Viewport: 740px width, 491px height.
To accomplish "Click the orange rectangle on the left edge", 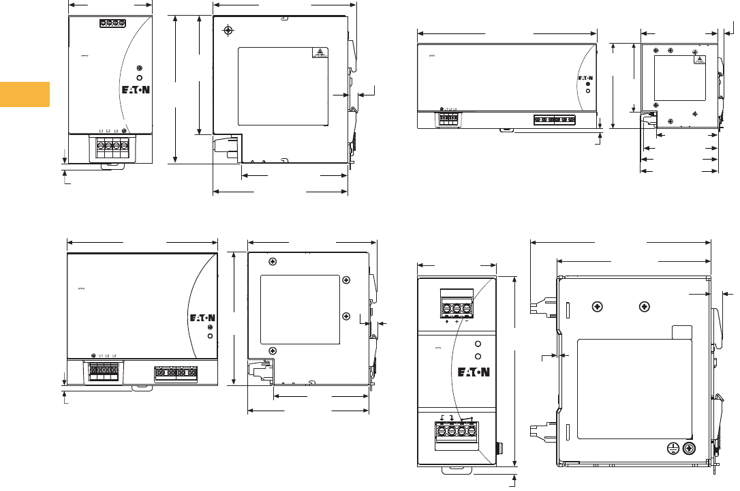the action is (25, 94).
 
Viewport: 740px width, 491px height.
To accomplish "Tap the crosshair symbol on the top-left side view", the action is (228, 31).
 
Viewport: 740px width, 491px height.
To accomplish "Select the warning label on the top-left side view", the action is (320, 53).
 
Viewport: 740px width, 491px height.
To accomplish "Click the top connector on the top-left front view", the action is (112, 23).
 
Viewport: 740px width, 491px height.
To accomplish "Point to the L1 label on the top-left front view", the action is (101, 130).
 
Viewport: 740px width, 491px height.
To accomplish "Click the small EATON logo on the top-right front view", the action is (585, 78).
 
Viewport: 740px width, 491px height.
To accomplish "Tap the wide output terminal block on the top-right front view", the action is (554, 119).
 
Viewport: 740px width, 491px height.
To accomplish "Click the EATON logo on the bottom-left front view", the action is (202, 318).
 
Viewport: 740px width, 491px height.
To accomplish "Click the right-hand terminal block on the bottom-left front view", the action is (175, 372).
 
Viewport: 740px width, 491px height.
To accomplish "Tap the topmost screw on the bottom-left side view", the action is (273, 262).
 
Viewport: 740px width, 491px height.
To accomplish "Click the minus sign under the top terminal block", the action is (466, 321).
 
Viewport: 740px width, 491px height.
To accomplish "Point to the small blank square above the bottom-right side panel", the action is (681, 332).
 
